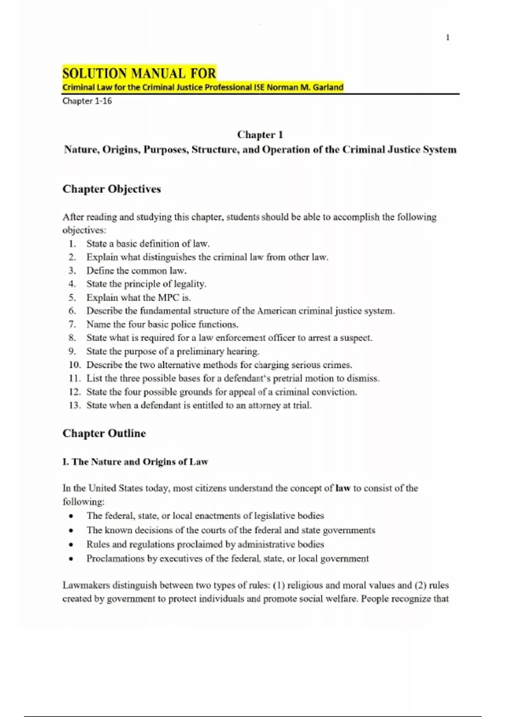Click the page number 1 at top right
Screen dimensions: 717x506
pyautogui.click(x=447, y=38)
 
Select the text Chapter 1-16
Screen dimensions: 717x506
pyautogui.click(x=87, y=101)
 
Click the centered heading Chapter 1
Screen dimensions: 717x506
pyautogui.click(x=260, y=135)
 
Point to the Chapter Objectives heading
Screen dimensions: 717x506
pyautogui.click(x=112, y=189)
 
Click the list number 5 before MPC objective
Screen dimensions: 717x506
pyautogui.click(x=72, y=297)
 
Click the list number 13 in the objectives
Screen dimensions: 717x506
pyautogui.click(x=74, y=405)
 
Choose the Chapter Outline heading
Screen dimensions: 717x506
pyautogui.click(x=104, y=433)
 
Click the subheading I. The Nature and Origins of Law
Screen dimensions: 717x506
pyautogui.click(x=135, y=461)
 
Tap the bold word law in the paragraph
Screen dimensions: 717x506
pyautogui.click(x=343, y=488)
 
